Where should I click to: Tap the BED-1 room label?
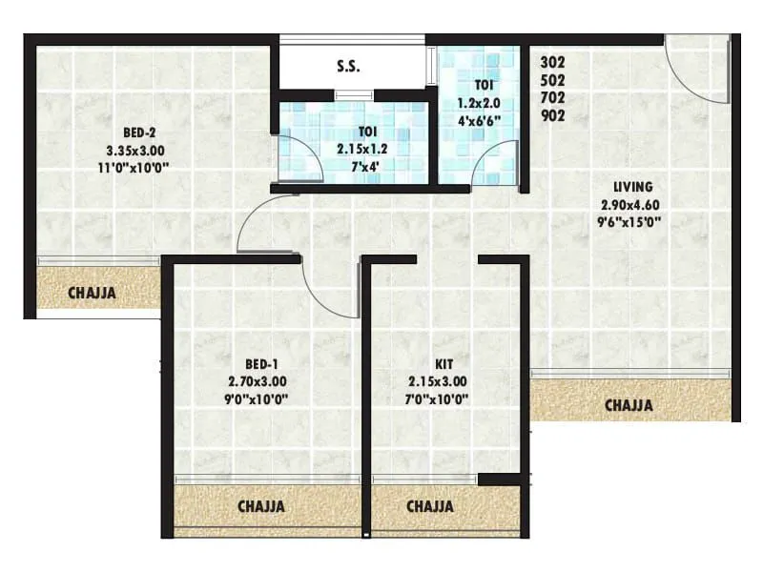pos(261,364)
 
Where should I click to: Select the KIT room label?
pos(443,364)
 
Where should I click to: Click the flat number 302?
pos(552,62)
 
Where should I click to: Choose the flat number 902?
pos(552,116)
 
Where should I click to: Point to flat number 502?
pos(552,80)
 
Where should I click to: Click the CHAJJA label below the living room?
pos(629,405)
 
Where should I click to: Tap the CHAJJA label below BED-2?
pos(92,293)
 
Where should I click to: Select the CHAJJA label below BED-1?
pos(259,506)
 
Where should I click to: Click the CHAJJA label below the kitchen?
pos(429,506)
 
